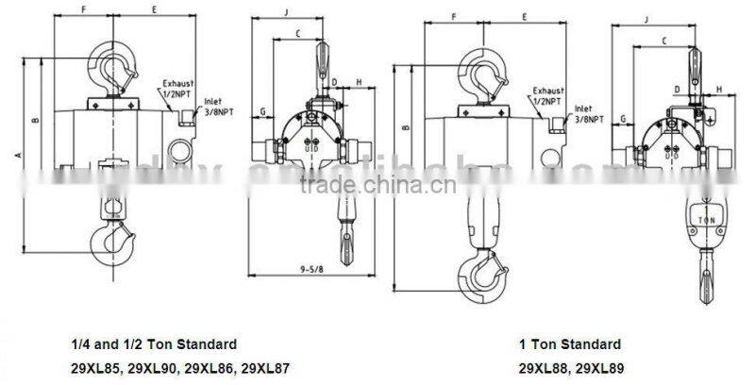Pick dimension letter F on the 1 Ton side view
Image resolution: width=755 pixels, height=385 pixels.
(x=454, y=17)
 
